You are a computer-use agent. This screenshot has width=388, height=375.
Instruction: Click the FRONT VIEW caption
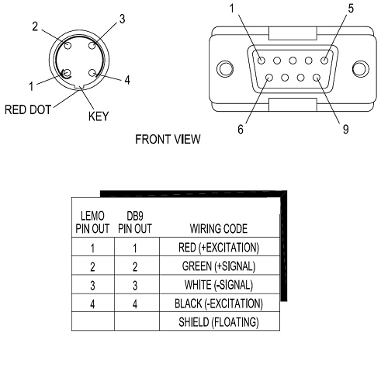168,139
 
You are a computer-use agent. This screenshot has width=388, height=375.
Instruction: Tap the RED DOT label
28,109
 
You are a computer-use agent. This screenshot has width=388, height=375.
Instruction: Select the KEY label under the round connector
99,116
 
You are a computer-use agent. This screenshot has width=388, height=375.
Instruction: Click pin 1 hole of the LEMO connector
67,73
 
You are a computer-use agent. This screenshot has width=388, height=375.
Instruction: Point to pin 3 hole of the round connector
92,46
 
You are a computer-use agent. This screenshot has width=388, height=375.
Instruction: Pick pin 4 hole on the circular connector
92,73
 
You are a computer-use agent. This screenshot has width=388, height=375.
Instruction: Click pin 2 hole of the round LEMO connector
68,46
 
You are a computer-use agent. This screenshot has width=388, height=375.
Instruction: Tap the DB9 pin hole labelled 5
324,61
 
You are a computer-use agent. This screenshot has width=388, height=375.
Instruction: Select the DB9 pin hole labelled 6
269,78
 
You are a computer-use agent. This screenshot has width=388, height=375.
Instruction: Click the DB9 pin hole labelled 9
317,78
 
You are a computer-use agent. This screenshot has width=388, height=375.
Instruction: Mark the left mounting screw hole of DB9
225,69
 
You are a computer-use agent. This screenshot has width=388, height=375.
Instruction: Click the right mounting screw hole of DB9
361,69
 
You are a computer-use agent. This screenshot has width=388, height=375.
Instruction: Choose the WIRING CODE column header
219,229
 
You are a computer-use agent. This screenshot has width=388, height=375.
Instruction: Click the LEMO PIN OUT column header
92,222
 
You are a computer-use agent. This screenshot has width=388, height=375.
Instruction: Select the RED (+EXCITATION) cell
219,248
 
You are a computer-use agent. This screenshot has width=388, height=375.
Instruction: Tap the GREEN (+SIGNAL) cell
219,266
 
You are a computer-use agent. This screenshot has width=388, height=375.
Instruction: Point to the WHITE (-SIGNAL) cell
219,285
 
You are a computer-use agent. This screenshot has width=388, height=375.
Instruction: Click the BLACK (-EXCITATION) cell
219,304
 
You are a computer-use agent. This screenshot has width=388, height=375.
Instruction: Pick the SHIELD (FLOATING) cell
219,322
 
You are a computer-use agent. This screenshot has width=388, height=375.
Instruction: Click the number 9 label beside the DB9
346,129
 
